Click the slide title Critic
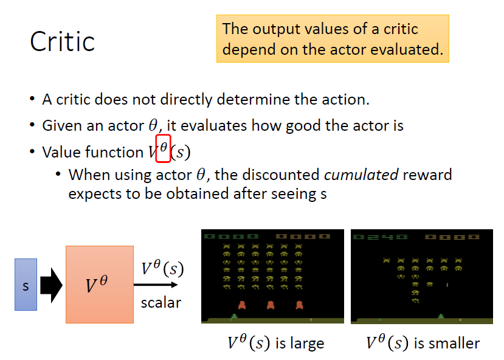tap(63, 41)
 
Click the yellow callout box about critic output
tap(333, 38)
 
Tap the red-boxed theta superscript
tap(163, 148)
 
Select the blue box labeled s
tap(26, 285)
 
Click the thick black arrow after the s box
tap(51, 285)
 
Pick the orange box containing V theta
tap(100, 285)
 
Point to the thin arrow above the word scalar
tap(156, 285)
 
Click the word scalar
tap(161, 303)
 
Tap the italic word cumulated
tap(361, 175)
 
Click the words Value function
tap(92, 152)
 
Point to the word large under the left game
tap(307, 344)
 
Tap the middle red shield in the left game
tap(271, 305)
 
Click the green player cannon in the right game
tap(441, 317)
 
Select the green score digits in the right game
tap(380, 237)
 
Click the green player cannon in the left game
tap(234, 317)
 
